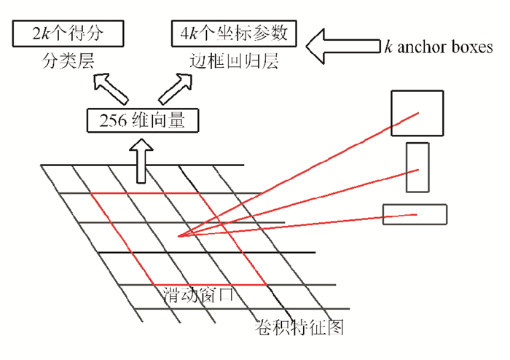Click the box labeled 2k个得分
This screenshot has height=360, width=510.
tap(67, 33)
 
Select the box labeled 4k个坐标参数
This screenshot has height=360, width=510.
tap(234, 33)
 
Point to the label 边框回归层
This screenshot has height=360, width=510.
tap(231, 59)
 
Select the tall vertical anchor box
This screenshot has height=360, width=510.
tap(417, 168)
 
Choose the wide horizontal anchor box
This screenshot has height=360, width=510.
tap(415, 215)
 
